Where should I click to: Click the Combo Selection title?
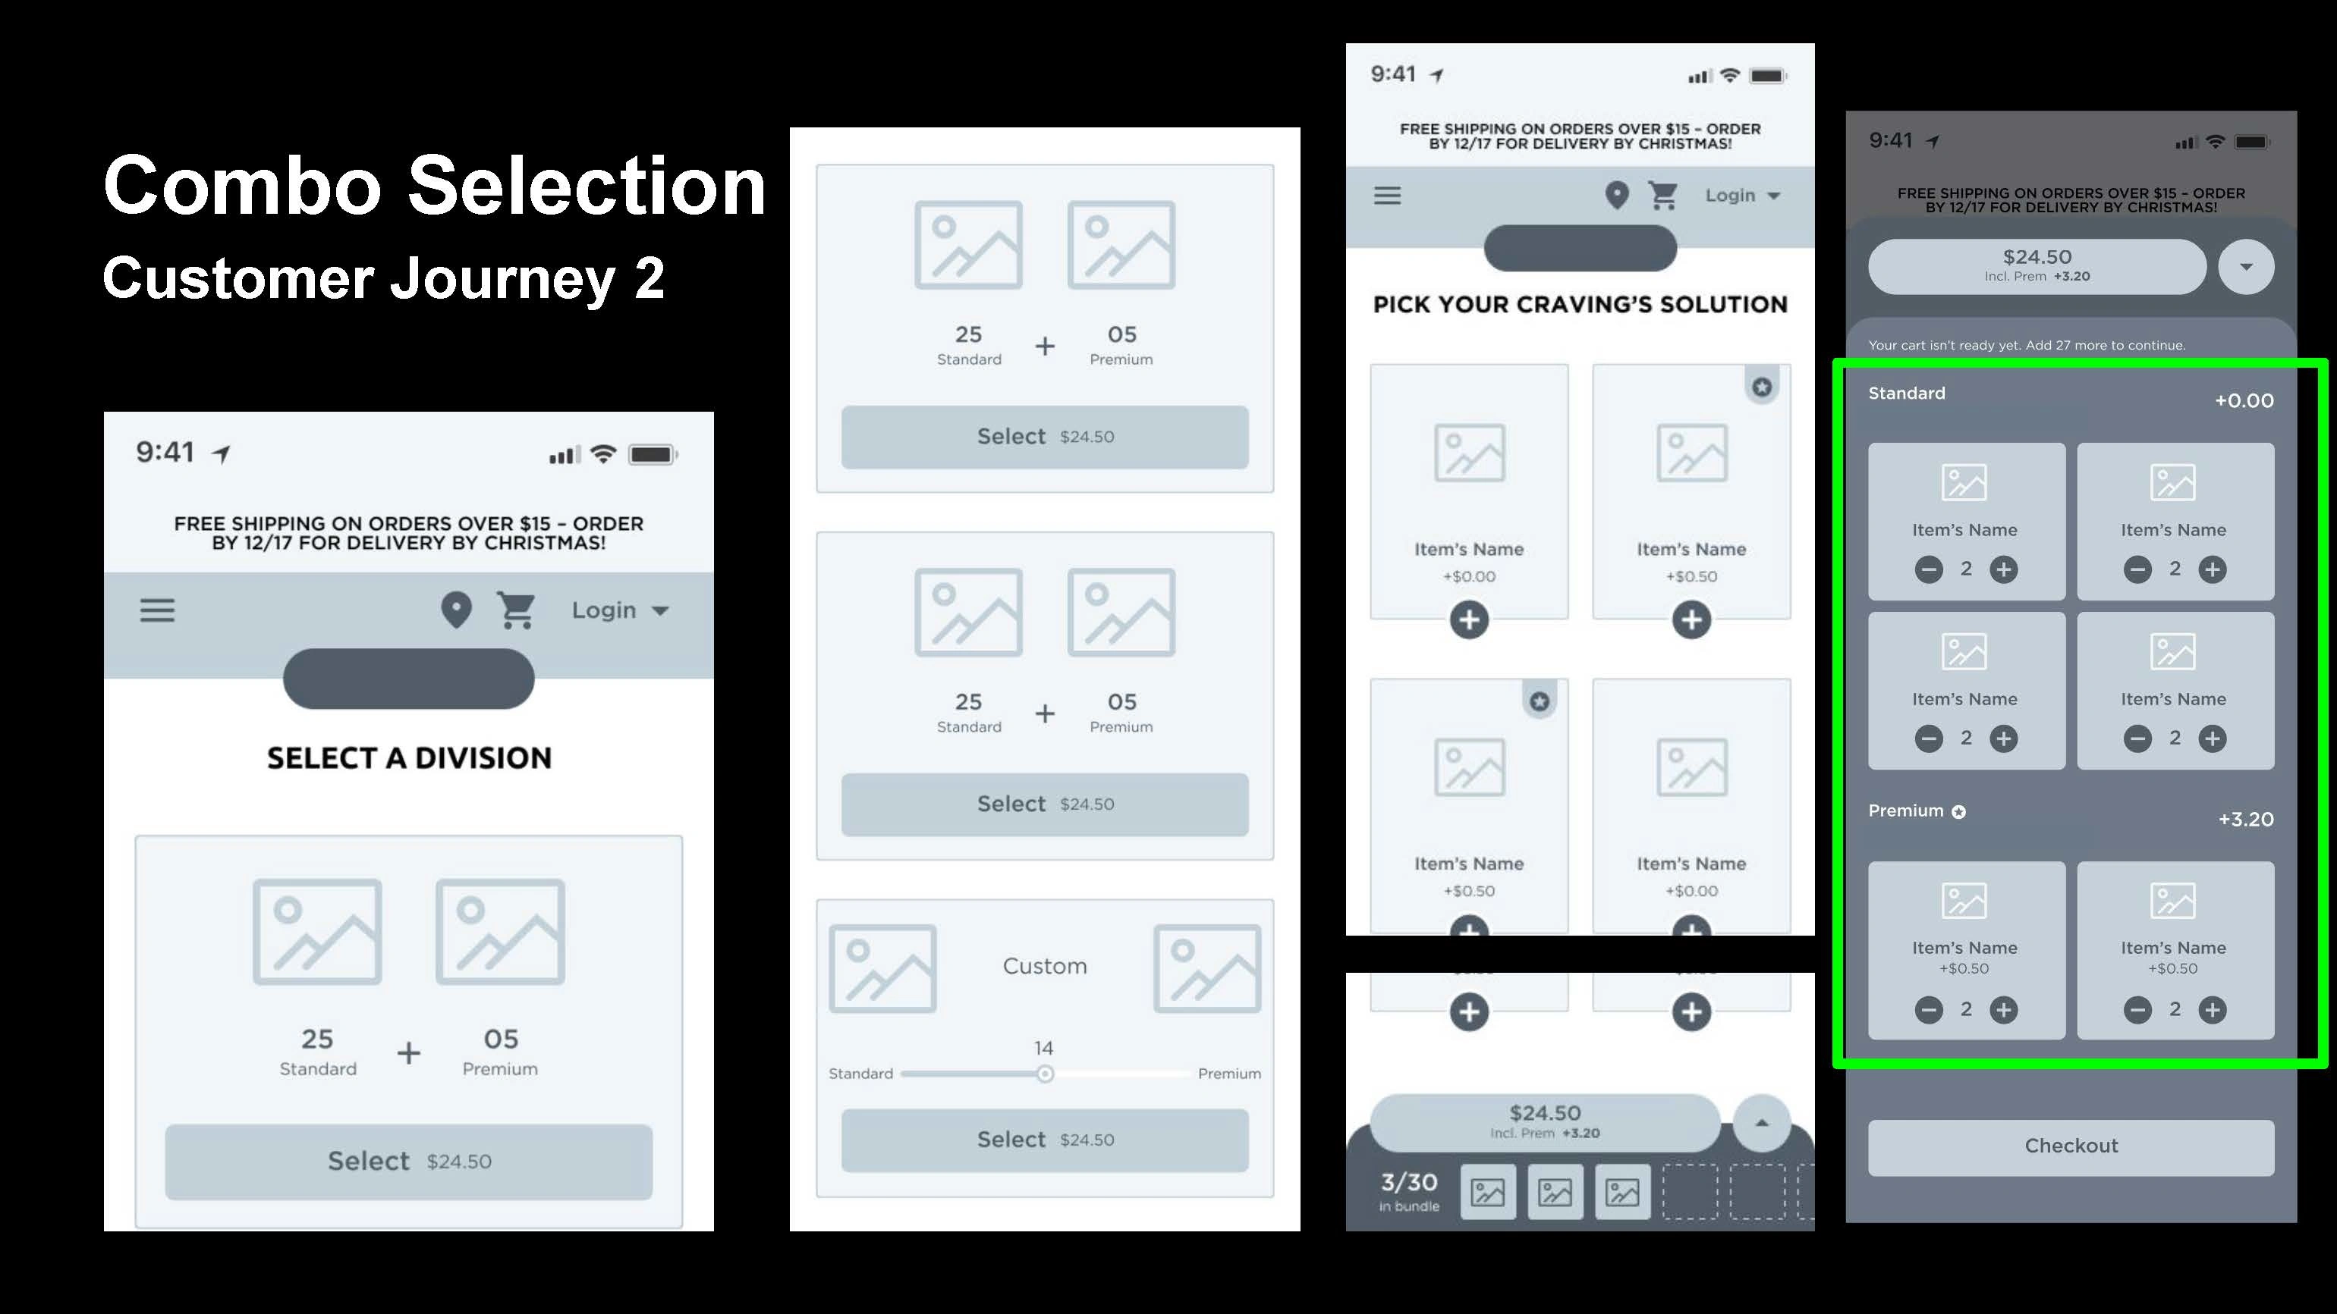click(435, 186)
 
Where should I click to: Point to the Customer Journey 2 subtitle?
click(384, 278)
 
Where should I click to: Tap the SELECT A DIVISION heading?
click(409, 758)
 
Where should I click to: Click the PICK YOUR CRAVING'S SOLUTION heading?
click(1581, 305)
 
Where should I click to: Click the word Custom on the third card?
click(1045, 967)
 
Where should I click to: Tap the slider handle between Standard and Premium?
click(1045, 1074)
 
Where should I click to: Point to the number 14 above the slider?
click(1044, 1049)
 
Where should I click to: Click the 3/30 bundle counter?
click(1409, 1183)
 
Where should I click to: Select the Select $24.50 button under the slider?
click(1045, 1140)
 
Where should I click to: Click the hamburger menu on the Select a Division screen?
click(157, 610)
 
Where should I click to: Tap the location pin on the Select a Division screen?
click(456, 610)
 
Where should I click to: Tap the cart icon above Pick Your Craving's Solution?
click(1663, 195)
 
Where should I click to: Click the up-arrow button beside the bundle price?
click(1762, 1123)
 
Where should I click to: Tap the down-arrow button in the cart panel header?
click(2246, 267)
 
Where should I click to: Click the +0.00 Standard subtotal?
click(2244, 401)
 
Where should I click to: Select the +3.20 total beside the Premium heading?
click(2246, 820)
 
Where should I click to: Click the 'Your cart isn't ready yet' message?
click(2027, 346)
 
